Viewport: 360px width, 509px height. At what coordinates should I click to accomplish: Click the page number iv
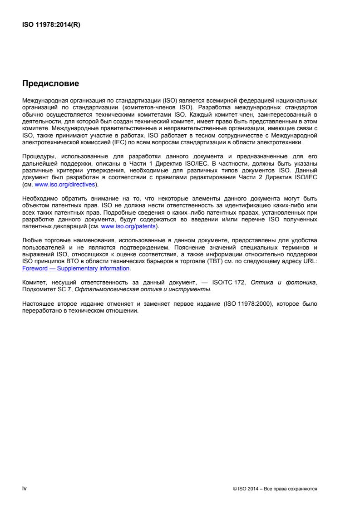[25, 489]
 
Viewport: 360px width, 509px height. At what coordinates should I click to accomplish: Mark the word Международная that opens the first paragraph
[46, 99]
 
